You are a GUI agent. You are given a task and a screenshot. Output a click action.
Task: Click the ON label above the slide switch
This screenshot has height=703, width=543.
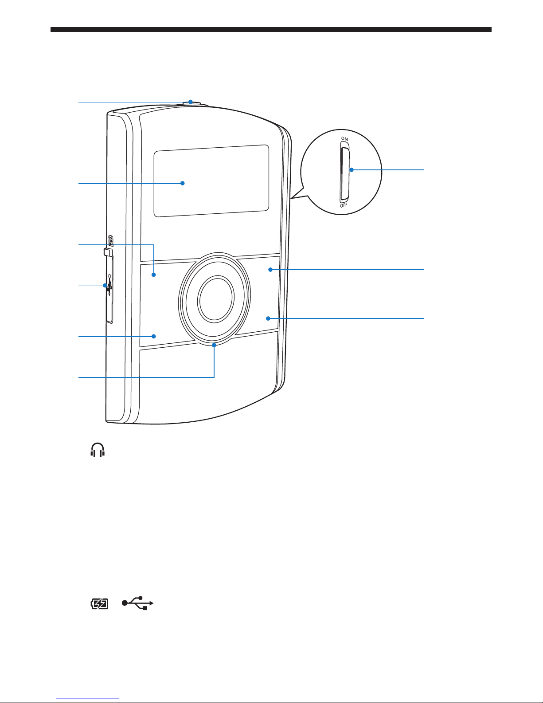[x=344, y=139]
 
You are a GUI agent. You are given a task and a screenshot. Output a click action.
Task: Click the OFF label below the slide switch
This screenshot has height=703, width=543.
[x=344, y=205]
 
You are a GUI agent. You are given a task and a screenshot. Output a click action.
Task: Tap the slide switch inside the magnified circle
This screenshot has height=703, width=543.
[x=345, y=174]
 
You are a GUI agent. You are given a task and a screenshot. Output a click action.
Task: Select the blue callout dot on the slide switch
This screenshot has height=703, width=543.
[x=352, y=169]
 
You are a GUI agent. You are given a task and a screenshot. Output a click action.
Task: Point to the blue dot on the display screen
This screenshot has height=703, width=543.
[x=182, y=183]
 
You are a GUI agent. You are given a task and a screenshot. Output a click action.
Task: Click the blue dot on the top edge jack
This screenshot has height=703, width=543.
[x=190, y=102]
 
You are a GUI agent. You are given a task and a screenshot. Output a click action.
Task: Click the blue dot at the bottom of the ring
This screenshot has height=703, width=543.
[x=214, y=345]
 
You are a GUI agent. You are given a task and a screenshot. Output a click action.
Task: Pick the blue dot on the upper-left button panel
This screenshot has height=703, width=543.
[x=154, y=275]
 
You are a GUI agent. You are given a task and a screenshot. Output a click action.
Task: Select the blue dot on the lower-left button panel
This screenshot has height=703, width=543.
[x=154, y=336]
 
